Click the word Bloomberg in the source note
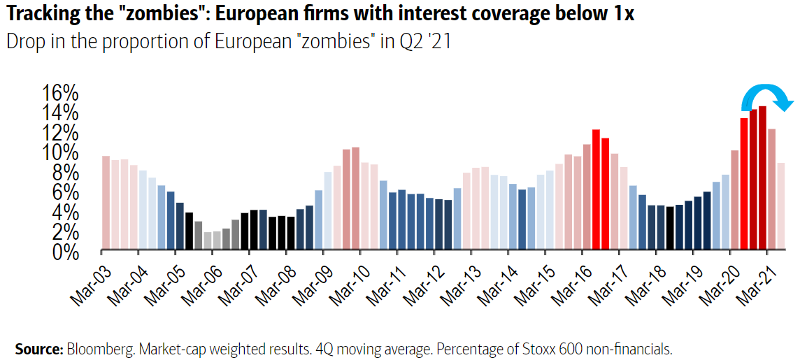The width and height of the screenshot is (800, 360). tap(96, 349)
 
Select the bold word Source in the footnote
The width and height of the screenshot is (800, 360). tap(38, 349)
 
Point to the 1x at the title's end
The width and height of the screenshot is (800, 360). tap(622, 13)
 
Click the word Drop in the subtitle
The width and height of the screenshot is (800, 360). tap(24, 41)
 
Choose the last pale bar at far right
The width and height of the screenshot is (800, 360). tap(781, 206)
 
